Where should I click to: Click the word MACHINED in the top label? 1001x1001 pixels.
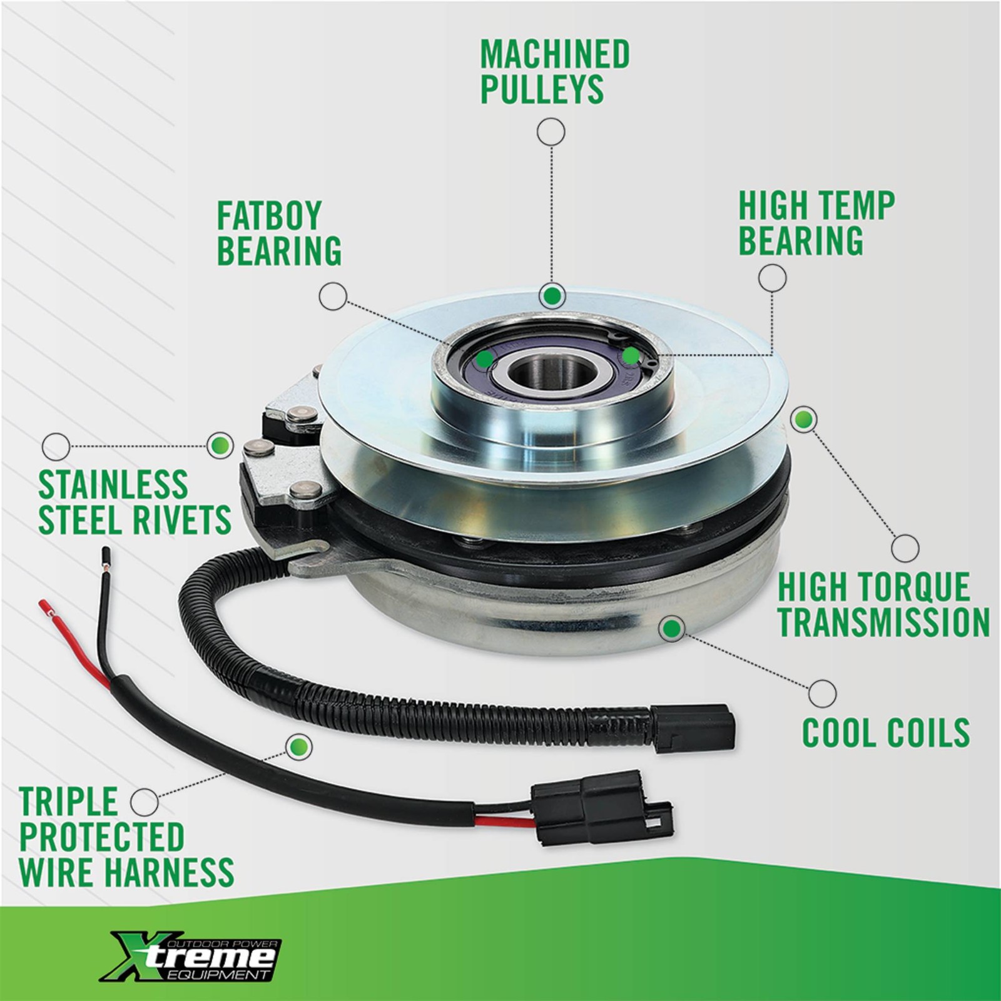pos(555,54)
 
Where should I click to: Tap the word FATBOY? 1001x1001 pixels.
pos(269,216)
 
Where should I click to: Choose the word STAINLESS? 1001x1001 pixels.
pos(113,484)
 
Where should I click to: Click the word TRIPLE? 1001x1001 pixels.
pos(69,801)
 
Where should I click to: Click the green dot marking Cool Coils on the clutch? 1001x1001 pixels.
pos(672,628)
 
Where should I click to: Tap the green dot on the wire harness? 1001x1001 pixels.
pos(298,746)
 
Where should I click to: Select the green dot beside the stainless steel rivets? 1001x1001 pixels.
pos(220,445)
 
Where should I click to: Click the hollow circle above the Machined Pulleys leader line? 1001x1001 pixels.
pos(551,133)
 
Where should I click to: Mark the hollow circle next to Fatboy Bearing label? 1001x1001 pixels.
pos(333,295)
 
